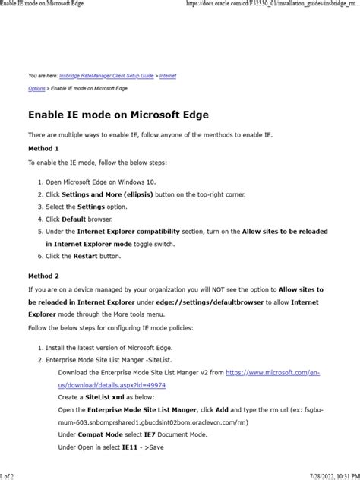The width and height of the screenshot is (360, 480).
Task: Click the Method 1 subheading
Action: coord(43,149)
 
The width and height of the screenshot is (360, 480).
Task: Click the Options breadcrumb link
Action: coord(36,89)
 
